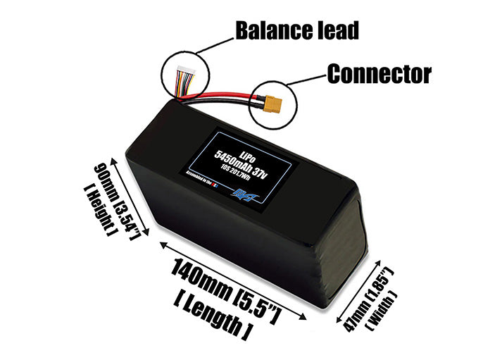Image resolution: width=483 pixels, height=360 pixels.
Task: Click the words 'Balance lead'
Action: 296,30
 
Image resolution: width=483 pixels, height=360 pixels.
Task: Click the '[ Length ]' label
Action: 211,318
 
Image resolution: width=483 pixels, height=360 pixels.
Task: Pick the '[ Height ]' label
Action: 103,206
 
